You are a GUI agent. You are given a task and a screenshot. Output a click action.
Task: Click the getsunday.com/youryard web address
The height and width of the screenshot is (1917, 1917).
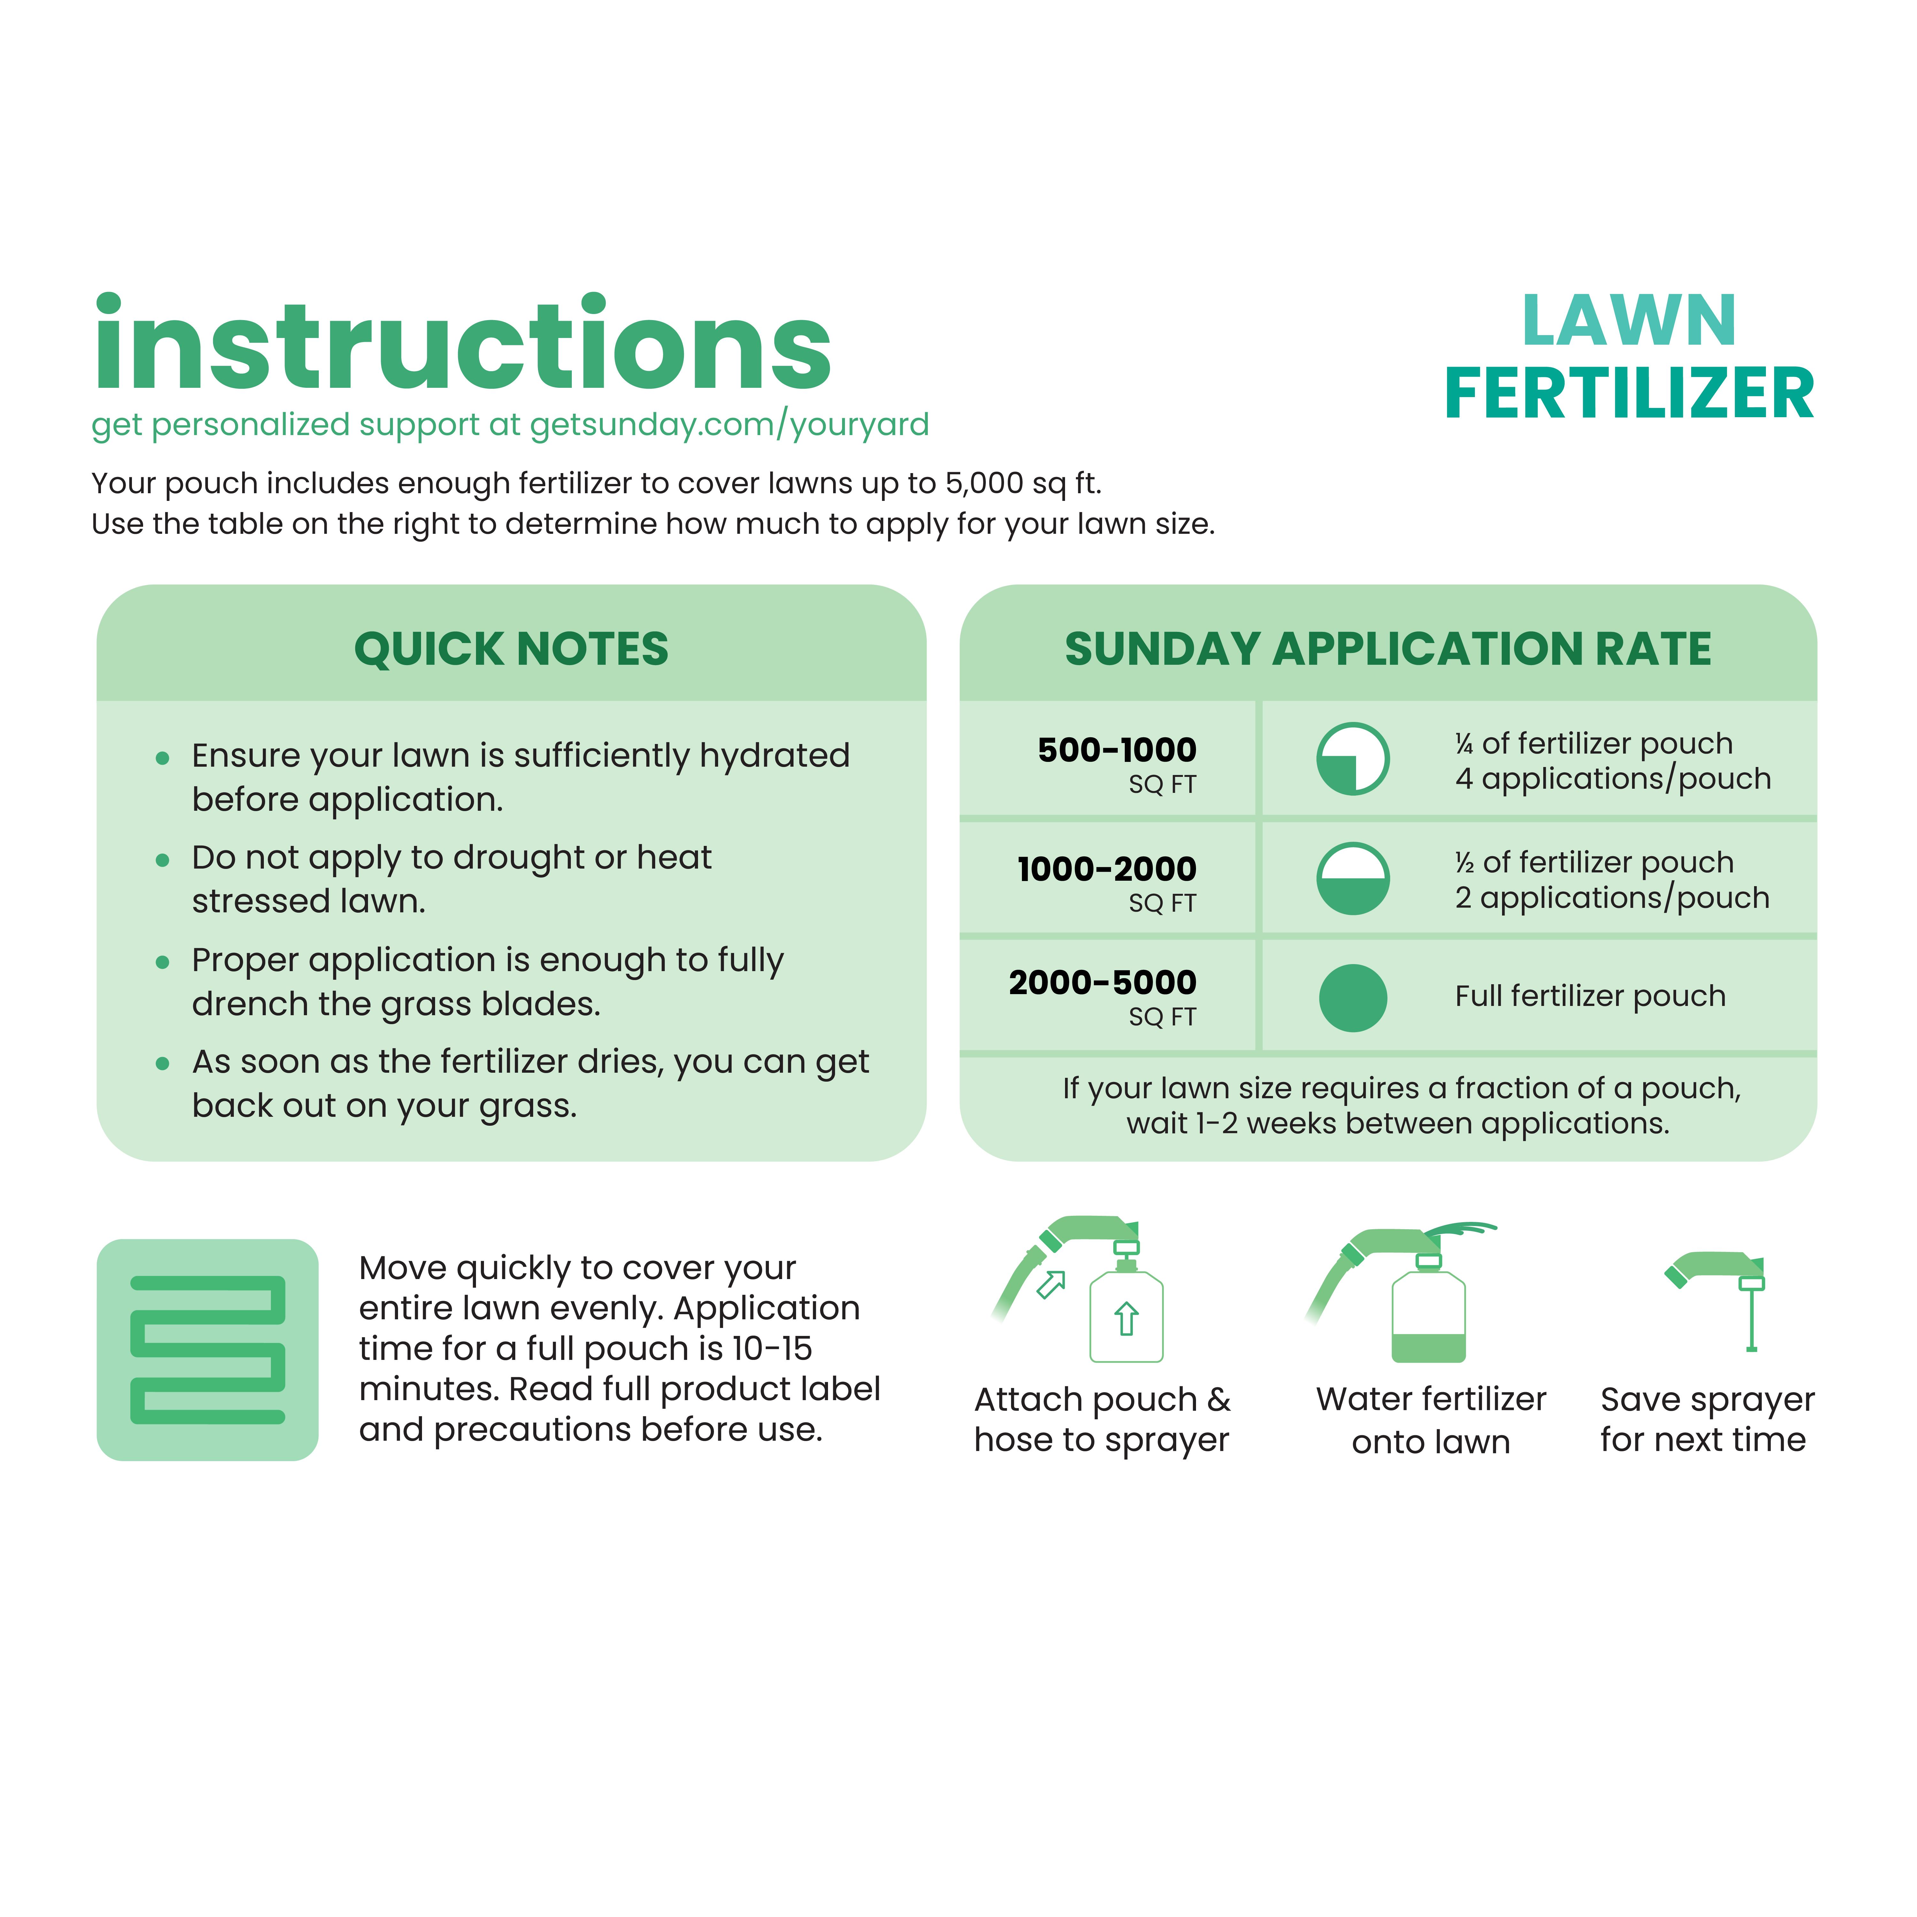(729, 425)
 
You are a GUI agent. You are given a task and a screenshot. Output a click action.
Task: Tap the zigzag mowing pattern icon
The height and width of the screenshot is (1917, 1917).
(207, 1349)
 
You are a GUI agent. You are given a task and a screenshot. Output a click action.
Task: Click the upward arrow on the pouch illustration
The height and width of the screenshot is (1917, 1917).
(1126, 1319)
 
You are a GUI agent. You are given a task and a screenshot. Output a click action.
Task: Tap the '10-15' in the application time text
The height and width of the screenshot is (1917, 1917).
(772, 1348)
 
